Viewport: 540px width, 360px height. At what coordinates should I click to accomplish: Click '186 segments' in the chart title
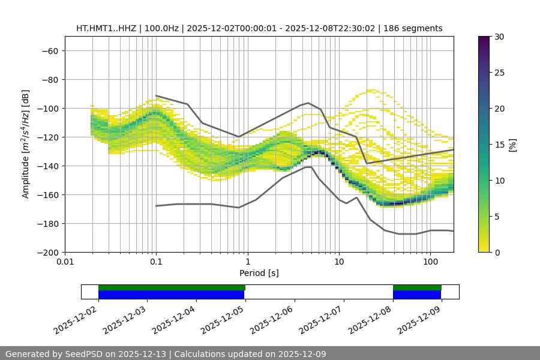coord(414,28)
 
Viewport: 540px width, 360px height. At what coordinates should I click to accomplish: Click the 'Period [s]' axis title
coord(259,273)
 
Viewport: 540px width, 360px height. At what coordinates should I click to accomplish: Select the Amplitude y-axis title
coord(26,144)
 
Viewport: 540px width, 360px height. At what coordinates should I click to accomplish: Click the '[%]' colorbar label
coord(512,145)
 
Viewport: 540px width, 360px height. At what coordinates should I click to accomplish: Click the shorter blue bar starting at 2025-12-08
coord(417,295)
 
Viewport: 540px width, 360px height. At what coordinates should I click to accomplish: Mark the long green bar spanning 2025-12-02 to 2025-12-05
coord(172,287)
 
